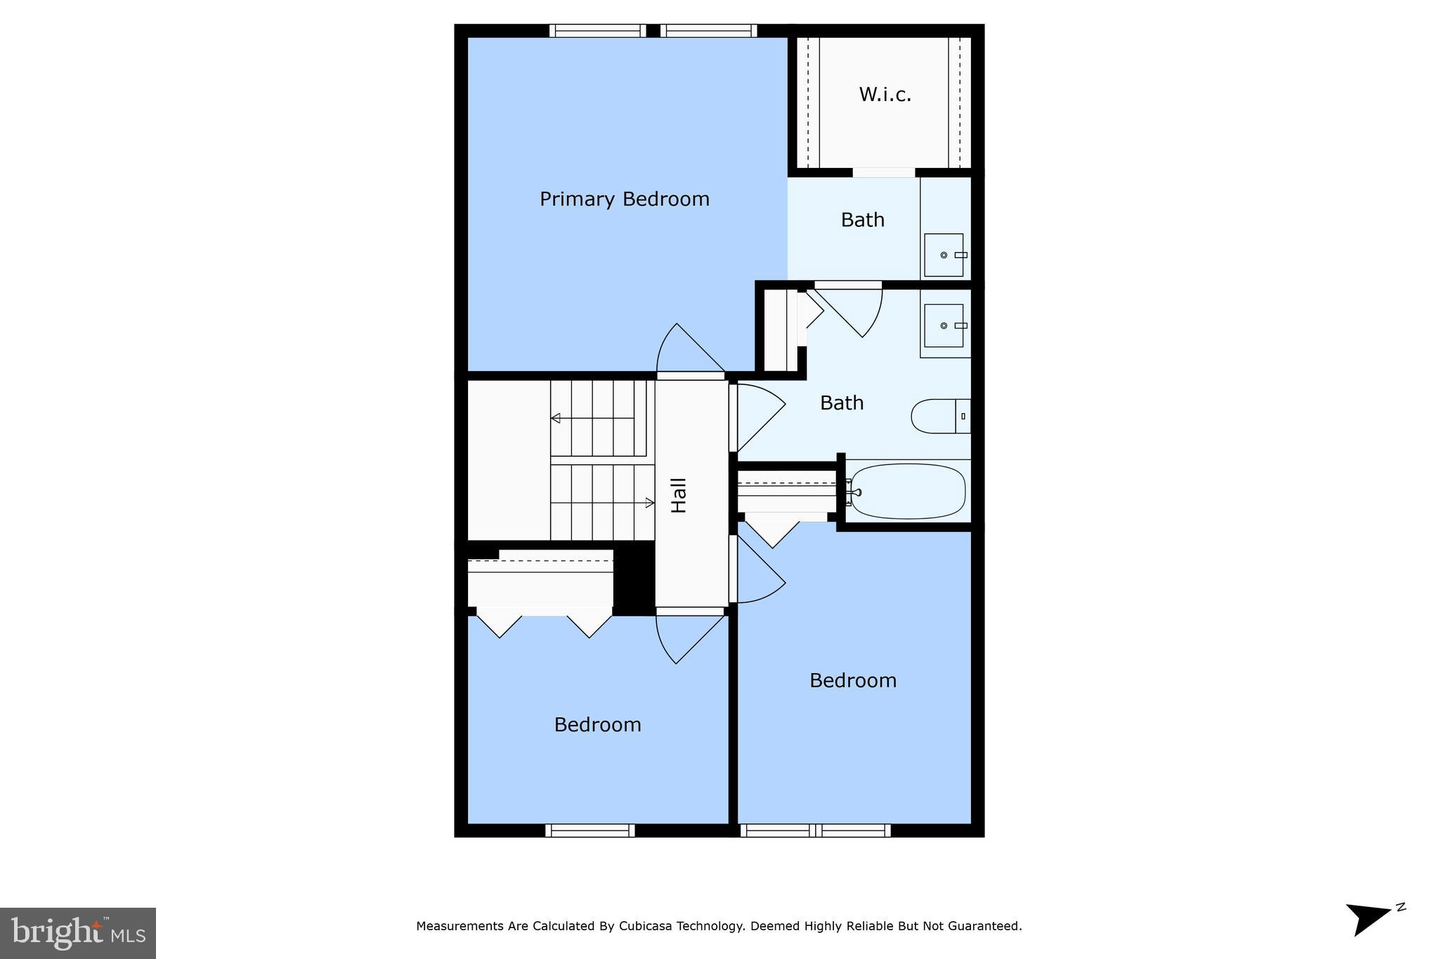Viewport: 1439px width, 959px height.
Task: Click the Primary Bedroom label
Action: coord(624,200)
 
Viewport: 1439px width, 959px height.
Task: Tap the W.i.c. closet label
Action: coord(885,95)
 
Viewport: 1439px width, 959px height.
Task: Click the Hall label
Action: coord(679,495)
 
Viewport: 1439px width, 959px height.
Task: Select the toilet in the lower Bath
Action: coord(940,416)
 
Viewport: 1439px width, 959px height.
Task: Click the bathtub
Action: coord(907,491)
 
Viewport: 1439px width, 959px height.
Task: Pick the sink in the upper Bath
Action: coord(944,255)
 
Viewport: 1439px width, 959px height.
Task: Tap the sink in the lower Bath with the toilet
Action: coord(944,325)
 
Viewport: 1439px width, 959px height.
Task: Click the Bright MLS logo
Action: coord(78,933)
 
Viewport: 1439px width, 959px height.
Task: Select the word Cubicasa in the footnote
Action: coord(644,926)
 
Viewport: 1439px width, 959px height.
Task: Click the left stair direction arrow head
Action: coord(555,418)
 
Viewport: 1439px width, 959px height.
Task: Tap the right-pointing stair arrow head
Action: coord(649,502)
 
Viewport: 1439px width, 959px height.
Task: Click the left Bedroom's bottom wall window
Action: coord(590,830)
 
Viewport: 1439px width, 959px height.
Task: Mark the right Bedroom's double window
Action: coord(815,830)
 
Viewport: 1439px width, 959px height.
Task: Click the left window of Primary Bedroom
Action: coord(597,31)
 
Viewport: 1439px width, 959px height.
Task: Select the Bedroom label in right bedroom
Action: coord(852,681)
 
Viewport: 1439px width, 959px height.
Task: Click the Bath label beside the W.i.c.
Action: coord(862,220)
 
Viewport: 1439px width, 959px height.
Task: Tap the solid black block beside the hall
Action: coord(634,579)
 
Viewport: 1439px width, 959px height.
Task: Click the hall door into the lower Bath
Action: coord(759,417)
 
